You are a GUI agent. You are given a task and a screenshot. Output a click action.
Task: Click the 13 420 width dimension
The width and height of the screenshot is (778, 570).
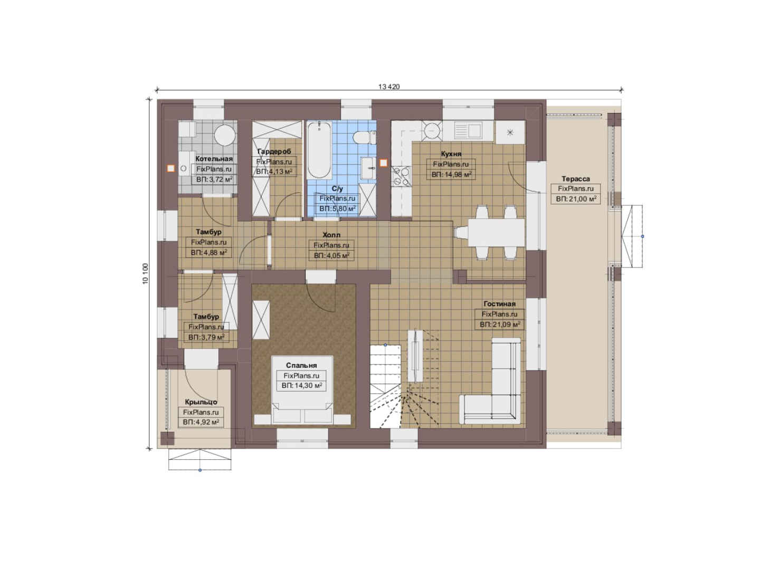[389, 87]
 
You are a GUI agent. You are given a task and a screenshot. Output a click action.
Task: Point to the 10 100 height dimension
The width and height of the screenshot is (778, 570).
[146, 274]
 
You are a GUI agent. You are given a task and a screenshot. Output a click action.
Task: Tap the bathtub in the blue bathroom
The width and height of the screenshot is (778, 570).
[319, 150]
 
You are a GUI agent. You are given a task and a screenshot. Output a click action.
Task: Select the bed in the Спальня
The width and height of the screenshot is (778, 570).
[302, 390]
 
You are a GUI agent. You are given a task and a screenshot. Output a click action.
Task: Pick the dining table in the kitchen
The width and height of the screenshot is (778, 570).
[496, 232]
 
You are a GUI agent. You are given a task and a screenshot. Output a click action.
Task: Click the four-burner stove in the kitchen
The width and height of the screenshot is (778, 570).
[401, 176]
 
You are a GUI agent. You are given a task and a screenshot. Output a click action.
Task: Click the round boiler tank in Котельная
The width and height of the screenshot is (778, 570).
[225, 135]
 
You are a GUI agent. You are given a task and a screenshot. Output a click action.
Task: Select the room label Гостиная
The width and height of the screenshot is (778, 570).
[499, 303]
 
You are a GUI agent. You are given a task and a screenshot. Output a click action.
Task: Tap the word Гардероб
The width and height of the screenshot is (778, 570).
[274, 151]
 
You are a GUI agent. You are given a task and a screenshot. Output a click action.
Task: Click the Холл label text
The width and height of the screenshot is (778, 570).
[331, 235]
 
